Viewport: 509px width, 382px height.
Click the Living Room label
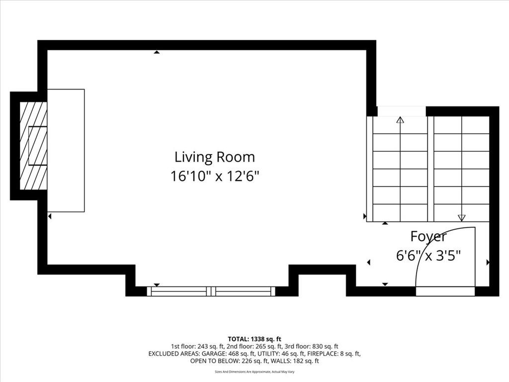coord(215,157)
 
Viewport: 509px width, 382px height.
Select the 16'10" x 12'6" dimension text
coord(215,177)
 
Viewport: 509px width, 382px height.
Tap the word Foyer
coord(428,237)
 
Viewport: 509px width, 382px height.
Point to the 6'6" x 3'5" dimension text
coord(428,255)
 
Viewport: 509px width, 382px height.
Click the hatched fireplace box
coord(33,146)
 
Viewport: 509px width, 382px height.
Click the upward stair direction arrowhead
coord(400,120)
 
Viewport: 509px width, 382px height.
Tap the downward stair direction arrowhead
coord(461,218)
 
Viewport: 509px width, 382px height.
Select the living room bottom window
coord(211,291)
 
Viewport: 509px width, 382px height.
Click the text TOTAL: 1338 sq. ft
coord(254,339)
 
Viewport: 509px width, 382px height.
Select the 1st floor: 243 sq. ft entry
coord(198,347)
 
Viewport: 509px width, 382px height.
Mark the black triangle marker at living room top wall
coord(157,52)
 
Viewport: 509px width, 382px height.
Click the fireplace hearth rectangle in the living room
coord(66,150)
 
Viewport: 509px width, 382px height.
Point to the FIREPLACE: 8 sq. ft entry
coord(334,354)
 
